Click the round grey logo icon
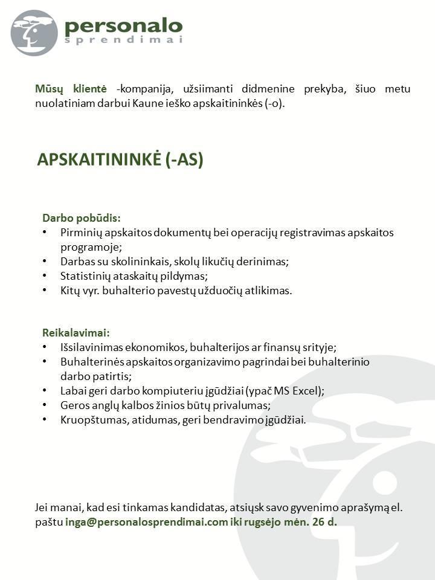(34, 33)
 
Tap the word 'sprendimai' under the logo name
(123, 40)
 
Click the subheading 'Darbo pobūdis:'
(81, 217)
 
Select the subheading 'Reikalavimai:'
(76, 332)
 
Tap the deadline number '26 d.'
(324, 522)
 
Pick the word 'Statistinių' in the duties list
(85, 276)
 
